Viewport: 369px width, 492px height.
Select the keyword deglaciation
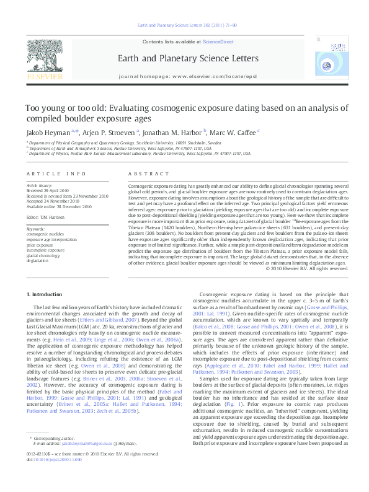click(38, 261)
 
